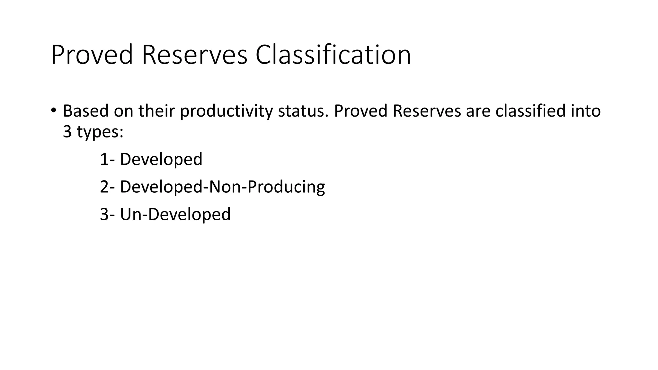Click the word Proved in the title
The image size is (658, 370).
tap(92, 55)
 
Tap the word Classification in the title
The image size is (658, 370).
tap(333, 55)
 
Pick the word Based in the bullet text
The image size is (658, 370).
tap(86, 111)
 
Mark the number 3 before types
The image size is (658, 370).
tap(67, 132)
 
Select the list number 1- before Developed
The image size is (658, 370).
tap(107, 159)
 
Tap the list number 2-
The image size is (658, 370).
tap(107, 187)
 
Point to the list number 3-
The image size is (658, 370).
tap(107, 215)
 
